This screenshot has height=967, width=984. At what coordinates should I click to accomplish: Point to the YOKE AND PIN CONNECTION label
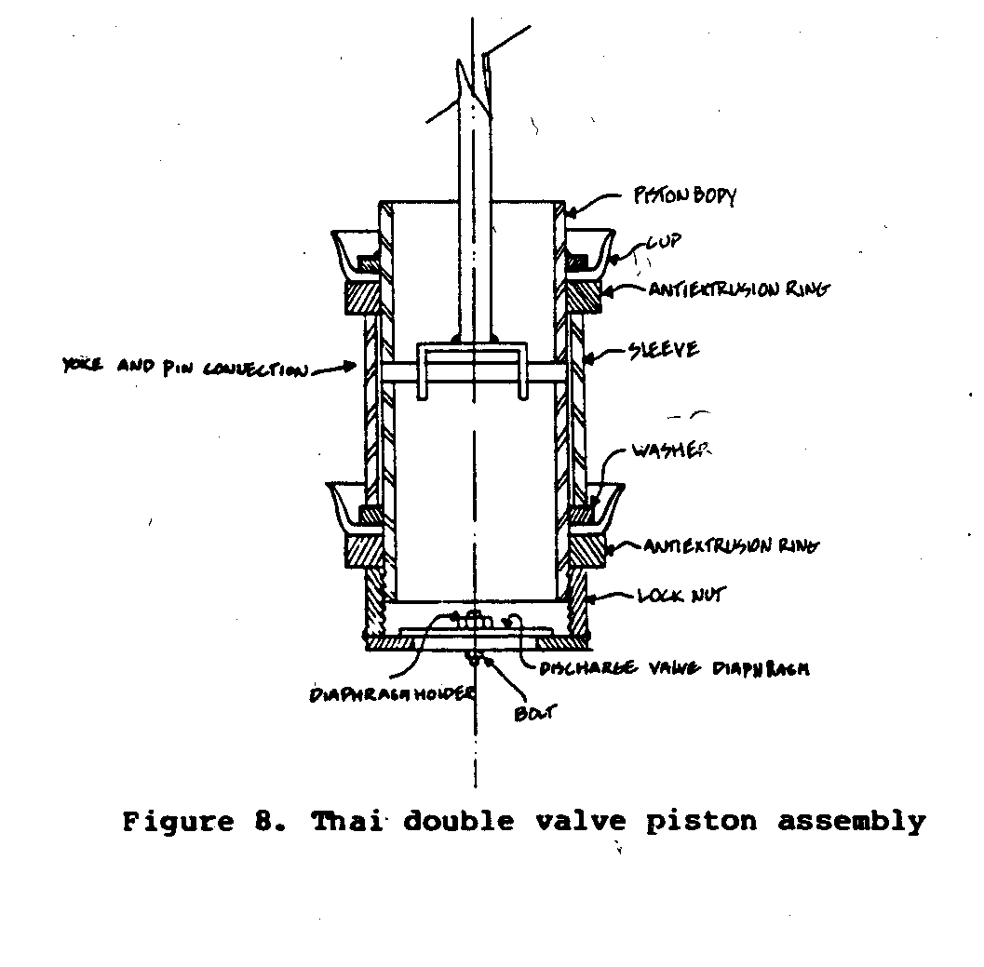click(182, 369)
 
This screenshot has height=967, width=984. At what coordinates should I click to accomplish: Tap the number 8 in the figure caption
click(262, 822)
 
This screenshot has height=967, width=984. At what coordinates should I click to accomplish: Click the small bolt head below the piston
click(475, 658)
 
